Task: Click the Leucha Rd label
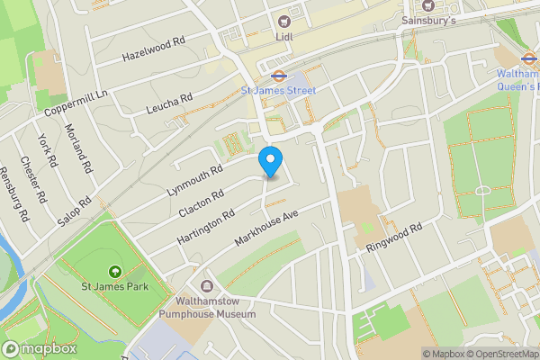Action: click(x=170, y=105)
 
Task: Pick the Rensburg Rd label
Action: click(x=15, y=193)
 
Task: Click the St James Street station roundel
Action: click(x=279, y=76)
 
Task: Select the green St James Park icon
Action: click(x=114, y=272)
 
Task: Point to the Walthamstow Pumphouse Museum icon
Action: click(x=208, y=285)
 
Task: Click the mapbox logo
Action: click(x=40, y=348)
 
